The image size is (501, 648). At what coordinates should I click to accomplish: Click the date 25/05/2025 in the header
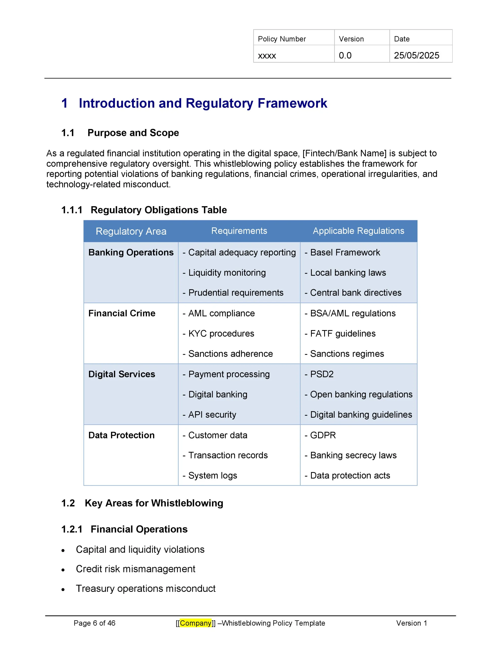416,55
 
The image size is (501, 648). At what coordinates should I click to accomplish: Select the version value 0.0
345,55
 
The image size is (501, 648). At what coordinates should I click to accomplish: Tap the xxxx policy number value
267,56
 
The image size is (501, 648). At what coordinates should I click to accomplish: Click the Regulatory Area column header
131,231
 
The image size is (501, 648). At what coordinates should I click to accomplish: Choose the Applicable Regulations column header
358,231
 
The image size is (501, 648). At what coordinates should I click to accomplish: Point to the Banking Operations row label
131,253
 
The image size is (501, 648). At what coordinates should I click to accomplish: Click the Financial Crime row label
122,313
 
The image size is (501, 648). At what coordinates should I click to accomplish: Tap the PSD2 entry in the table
322,374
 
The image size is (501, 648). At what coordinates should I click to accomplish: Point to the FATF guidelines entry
343,334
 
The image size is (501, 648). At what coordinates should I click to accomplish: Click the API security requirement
212,415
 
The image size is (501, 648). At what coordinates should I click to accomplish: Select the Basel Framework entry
345,253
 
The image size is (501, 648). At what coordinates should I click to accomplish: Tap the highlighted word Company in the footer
196,623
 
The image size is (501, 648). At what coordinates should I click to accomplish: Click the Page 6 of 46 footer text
94,623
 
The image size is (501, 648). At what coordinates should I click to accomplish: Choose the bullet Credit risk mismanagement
136,569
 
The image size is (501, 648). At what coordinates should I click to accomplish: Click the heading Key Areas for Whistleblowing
154,503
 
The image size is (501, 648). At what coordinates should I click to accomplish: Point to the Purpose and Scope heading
133,133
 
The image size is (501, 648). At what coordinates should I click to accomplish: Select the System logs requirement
213,475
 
